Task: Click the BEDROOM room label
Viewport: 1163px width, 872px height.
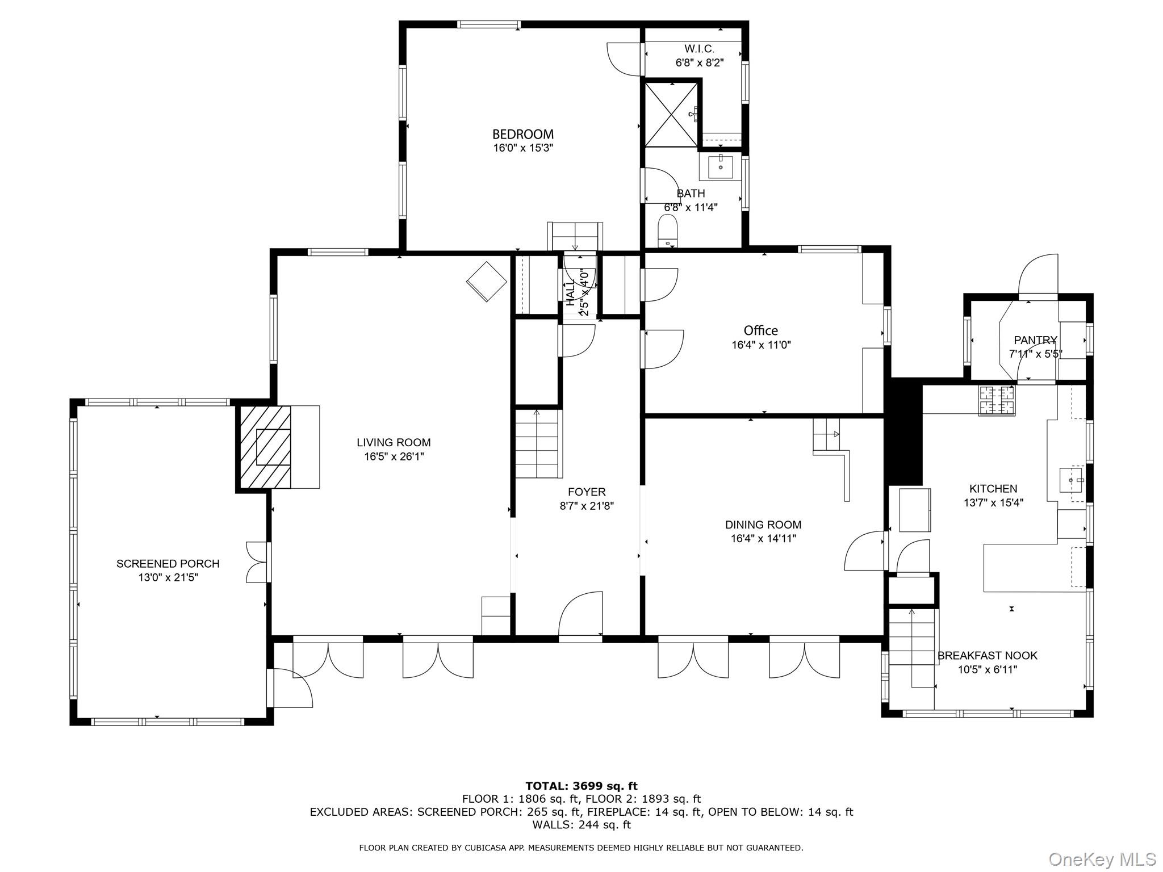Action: [522, 135]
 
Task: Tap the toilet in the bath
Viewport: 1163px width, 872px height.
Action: [668, 233]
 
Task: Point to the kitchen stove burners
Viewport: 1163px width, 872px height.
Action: [996, 400]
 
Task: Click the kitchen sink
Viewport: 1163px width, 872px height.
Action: [1071, 480]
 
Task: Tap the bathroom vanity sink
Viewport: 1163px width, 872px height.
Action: [721, 167]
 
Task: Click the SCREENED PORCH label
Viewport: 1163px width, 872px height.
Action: [168, 564]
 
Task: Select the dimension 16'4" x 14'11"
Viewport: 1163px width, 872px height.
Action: [763, 539]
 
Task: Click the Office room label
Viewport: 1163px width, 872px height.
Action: [760, 330]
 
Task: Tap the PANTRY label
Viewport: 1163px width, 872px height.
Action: [1035, 340]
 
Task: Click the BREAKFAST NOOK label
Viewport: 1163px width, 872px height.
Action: [987, 656]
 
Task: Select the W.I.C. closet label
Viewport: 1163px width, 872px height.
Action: [699, 49]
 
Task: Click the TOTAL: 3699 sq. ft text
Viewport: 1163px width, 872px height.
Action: [581, 786]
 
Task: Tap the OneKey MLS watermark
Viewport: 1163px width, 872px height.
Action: [1102, 859]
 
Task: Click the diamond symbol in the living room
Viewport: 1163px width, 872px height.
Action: [487, 282]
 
